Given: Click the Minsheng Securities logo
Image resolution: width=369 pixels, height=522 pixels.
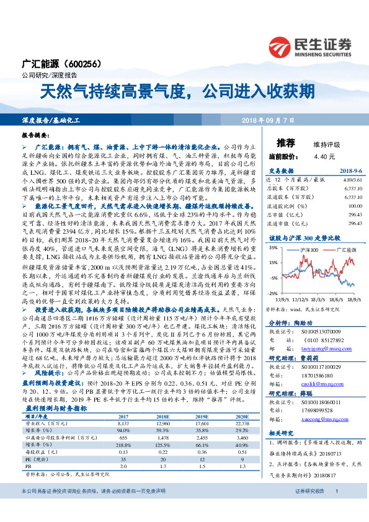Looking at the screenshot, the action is [309, 45].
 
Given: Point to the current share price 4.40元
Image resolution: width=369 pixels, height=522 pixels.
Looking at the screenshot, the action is [307, 157].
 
